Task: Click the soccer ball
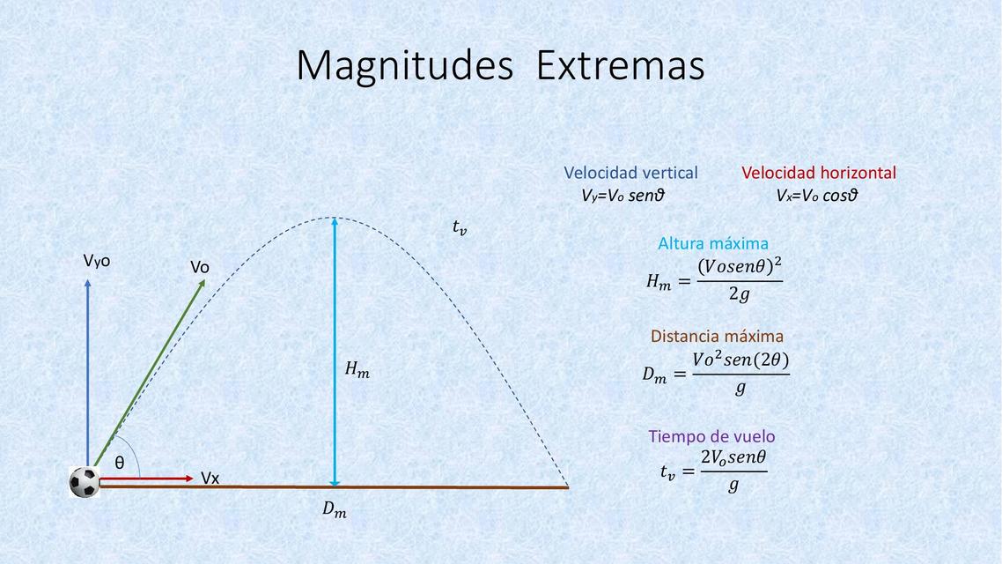tap(85, 481)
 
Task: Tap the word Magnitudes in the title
tap(404, 66)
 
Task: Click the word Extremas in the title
tap(620, 66)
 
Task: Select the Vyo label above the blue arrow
tap(97, 261)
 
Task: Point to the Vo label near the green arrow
tap(200, 267)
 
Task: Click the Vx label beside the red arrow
tap(210, 479)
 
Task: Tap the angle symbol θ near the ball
tap(120, 463)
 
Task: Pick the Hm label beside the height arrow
tap(357, 372)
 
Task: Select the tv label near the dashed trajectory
tap(460, 228)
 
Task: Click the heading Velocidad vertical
tap(630, 174)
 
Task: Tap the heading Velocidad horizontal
tap(819, 174)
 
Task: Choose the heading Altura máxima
tap(713, 243)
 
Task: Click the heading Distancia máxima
tap(717, 336)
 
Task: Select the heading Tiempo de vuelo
tap(711, 436)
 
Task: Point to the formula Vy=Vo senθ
tap(622, 196)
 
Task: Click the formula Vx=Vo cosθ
tap(816, 196)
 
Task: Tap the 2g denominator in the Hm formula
tap(739, 295)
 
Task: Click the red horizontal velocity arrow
tap(146, 479)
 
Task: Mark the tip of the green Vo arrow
tap(204, 280)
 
